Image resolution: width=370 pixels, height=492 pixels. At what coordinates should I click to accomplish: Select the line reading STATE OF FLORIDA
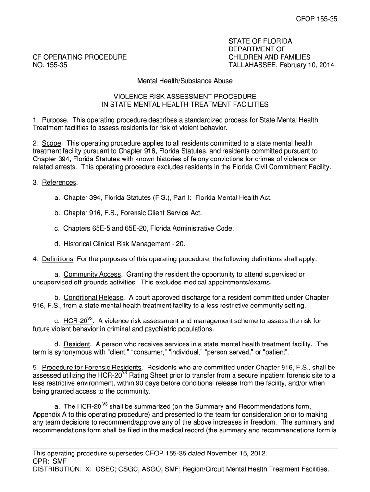click(x=260, y=41)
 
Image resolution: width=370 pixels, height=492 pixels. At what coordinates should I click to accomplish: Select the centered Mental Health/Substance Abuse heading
click(x=185, y=81)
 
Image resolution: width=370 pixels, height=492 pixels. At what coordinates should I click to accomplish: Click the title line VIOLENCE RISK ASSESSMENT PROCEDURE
click(x=185, y=96)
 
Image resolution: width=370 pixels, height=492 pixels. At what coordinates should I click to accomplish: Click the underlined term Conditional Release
click(x=93, y=297)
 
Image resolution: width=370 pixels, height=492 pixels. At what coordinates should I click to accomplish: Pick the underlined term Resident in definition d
click(x=77, y=344)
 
